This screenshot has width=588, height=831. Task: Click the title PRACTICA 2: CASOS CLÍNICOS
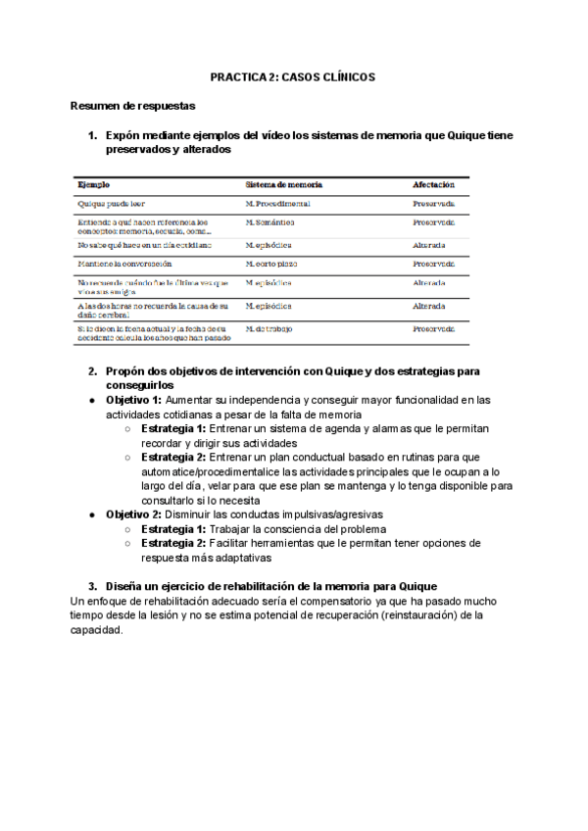[x=293, y=76]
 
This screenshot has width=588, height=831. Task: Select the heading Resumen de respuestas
[x=133, y=105]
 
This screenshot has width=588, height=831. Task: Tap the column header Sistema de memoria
[x=283, y=184]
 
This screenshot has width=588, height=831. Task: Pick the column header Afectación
[x=433, y=184]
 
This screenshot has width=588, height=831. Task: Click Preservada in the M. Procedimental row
[x=433, y=204]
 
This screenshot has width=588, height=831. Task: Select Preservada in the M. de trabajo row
[x=433, y=328]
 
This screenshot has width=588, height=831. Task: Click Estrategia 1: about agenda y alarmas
[x=173, y=429]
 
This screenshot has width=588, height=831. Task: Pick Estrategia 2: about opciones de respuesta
[x=173, y=543]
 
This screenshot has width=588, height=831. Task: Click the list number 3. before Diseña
[x=92, y=586]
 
